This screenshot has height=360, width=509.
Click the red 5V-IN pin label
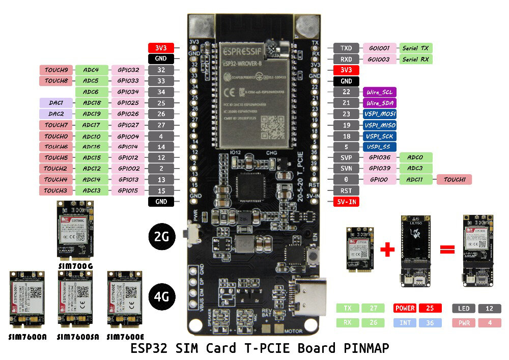(346, 202)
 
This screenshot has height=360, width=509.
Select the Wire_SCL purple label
(380, 92)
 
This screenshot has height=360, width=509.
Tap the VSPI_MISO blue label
(380, 125)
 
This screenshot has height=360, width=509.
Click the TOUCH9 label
(56, 70)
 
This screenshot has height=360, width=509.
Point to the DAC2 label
(56, 114)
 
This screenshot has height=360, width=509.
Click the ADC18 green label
(92, 103)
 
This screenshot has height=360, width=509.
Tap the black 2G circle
(162, 236)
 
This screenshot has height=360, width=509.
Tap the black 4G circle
(162, 295)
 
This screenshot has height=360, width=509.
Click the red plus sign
(387, 250)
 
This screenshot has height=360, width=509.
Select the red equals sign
(447, 250)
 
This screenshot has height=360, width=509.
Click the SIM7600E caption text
(126, 337)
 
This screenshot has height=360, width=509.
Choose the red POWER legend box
(406, 308)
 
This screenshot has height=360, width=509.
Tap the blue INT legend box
(406, 323)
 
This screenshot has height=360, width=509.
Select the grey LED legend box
(464, 308)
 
